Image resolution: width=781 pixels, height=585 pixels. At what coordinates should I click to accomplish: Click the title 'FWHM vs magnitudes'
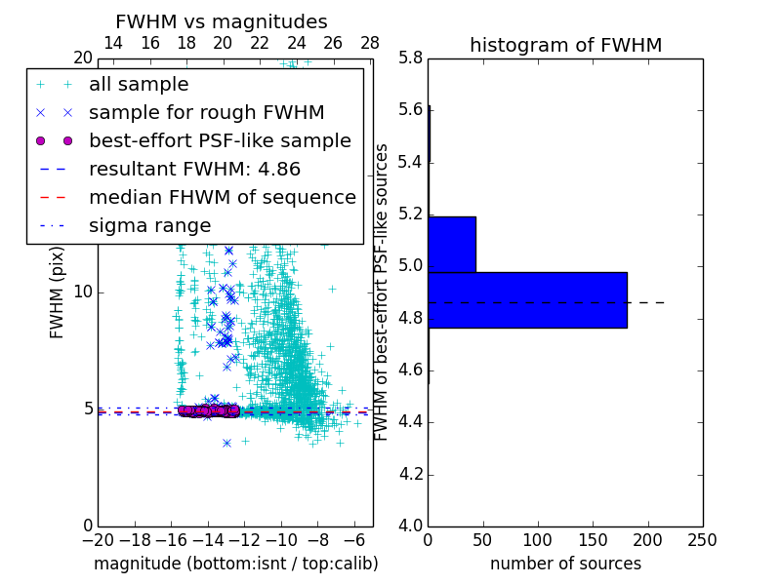point(222,22)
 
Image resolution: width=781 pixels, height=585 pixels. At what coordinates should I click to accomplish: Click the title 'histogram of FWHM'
point(565,45)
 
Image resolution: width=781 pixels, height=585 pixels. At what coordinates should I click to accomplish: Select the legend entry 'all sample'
point(139,85)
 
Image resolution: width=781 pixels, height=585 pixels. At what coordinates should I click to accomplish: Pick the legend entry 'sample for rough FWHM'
point(206,113)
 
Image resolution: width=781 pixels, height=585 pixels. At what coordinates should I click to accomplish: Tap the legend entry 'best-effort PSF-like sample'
point(220,141)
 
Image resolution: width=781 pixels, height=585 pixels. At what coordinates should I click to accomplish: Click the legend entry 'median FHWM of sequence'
point(222,198)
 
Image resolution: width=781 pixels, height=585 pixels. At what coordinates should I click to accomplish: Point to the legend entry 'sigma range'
point(149,226)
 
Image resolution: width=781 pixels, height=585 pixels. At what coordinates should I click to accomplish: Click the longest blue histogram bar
point(527,299)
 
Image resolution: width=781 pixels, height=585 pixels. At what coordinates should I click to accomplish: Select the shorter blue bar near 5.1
point(452,244)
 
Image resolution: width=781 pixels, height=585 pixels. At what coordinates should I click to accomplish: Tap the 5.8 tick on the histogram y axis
point(411,58)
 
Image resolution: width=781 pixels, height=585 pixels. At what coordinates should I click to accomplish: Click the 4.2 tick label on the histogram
point(411,475)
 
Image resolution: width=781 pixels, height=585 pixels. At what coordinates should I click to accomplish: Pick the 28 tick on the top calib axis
point(370,43)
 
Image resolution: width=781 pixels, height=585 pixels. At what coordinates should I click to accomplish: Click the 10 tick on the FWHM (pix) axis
point(83,292)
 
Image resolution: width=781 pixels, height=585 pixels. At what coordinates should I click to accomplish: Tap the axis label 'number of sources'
point(565,564)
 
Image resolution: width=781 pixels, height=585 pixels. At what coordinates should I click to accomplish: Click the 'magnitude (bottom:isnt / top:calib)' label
point(235,564)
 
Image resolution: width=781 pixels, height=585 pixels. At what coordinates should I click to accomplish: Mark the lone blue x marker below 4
point(226,443)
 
